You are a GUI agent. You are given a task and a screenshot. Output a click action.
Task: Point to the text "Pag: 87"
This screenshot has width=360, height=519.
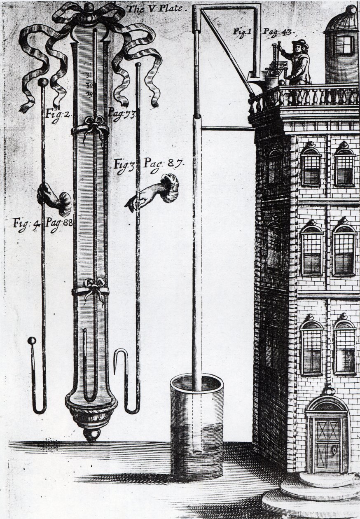pyautogui.click(x=164, y=164)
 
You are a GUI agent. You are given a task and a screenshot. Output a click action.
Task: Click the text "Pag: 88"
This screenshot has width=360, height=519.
pyautogui.click(x=59, y=224)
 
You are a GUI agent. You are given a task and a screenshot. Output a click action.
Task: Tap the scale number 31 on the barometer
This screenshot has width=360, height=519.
pyautogui.click(x=89, y=75)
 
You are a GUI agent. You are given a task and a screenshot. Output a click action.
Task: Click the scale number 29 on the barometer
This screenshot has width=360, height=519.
pyautogui.click(x=89, y=94)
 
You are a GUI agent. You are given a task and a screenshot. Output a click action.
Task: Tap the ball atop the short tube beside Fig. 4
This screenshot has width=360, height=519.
pyautogui.click(x=32, y=341)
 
